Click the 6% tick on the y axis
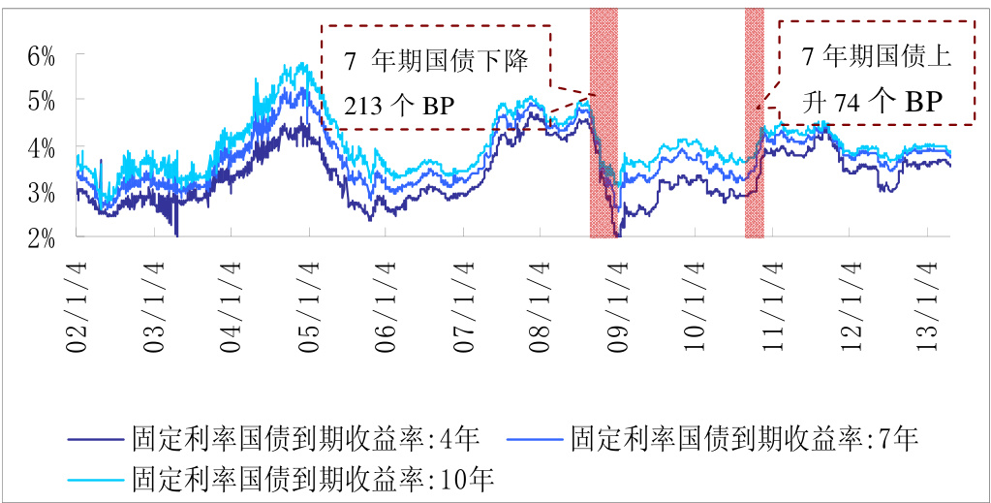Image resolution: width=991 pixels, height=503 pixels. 42,56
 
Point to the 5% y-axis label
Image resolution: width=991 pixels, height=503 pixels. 42,101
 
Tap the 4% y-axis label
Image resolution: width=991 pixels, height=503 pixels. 42,147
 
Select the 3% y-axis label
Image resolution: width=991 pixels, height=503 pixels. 42,193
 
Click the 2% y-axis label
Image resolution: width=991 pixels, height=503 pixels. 42,238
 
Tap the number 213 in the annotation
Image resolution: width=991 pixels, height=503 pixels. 362,105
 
